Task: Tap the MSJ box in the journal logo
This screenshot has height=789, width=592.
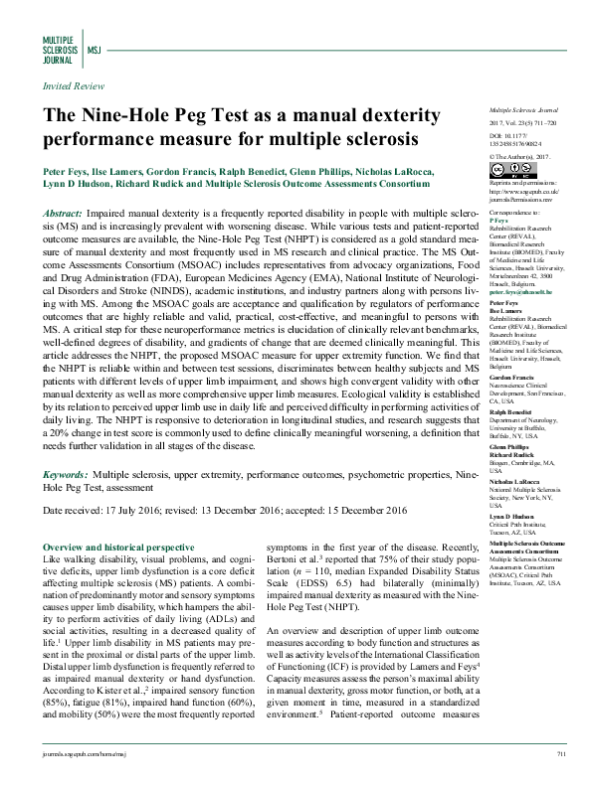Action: tap(95, 47)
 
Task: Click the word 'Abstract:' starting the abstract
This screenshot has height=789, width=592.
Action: tap(64, 214)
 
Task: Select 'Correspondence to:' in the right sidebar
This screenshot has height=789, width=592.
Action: tap(514, 214)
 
